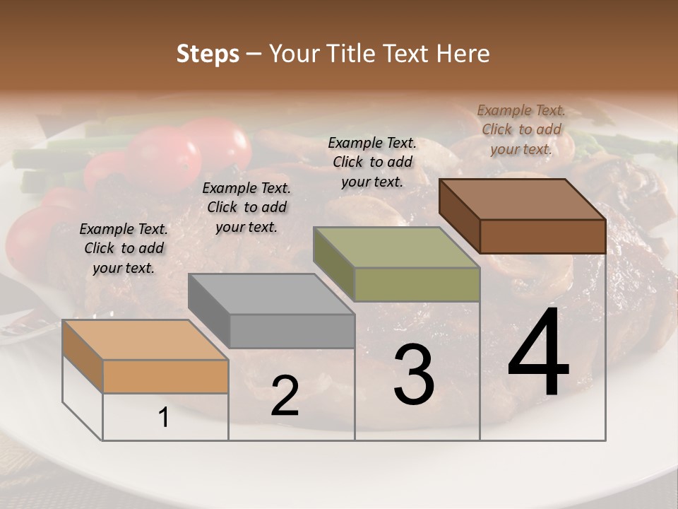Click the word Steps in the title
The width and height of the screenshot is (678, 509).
(208, 54)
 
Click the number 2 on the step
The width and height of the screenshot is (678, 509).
(285, 396)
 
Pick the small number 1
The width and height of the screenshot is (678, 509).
(164, 418)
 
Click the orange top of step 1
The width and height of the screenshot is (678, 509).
(145, 339)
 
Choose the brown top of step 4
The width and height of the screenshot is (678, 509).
(521, 199)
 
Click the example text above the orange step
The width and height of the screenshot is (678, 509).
(124, 248)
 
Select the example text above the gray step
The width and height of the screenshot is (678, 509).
(246, 207)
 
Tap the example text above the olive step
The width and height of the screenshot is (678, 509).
(372, 162)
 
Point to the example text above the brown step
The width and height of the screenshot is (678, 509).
(521, 129)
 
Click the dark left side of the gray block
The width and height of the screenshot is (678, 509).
(209, 310)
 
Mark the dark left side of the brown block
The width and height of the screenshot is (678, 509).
(459, 216)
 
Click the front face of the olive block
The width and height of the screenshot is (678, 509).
(417, 285)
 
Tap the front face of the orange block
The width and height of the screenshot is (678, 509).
(165, 376)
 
